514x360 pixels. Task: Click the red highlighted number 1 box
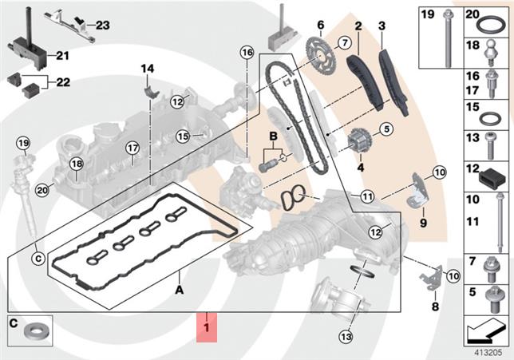[206, 328]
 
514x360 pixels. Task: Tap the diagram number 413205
[488, 349]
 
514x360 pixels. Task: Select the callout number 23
[102, 25]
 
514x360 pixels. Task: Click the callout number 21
[62, 55]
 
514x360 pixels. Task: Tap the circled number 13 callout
[345, 336]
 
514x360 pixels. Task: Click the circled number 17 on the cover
[132, 147]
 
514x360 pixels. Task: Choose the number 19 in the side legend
[427, 15]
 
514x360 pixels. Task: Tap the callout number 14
[147, 69]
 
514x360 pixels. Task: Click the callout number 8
[435, 305]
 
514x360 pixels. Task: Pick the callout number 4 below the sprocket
[360, 168]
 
